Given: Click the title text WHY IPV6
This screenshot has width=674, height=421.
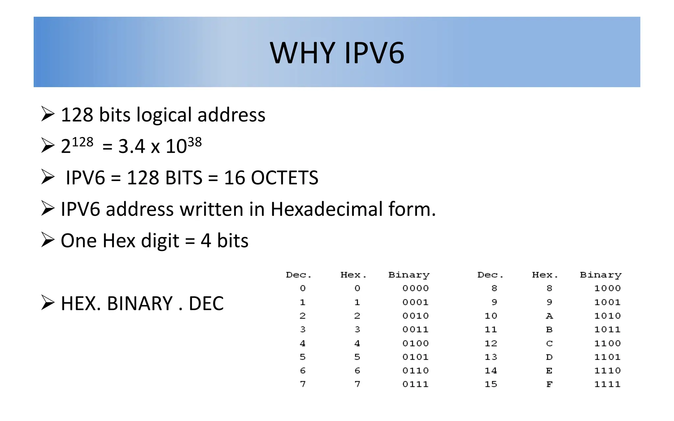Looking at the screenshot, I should pyautogui.click(x=337, y=53).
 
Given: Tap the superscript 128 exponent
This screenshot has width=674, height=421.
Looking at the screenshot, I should pyautogui.click(x=83, y=142).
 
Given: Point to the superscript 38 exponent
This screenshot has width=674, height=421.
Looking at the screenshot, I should pyautogui.click(x=194, y=142).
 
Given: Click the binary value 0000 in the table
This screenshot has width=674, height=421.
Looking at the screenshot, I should pyautogui.click(x=415, y=288).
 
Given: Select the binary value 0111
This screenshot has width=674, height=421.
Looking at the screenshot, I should pyautogui.click(x=415, y=384).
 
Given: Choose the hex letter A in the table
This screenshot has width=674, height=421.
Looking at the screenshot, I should pyautogui.click(x=549, y=316).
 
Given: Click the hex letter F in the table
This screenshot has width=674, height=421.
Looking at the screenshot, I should pyautogui.click(x=549, y=384).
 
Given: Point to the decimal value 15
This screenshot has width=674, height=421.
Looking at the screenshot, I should pyautogui.click(x=491, y=384).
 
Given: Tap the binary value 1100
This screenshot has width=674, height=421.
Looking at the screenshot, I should pyautogui.click(x=607, y=343).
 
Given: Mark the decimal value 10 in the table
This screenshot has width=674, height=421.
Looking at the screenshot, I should pyautogui.click(x=491, y=316).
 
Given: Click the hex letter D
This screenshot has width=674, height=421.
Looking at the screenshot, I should pyautogui.click(x=549, y=357).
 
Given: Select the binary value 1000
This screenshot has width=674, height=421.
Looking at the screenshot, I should pyautogui.click(x=607, y=288).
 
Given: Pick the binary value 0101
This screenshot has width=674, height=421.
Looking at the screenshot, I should pyautogui.click(x=415, y=357).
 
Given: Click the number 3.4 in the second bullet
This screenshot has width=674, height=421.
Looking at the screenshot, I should pyautogui.click(x=132, y=146).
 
